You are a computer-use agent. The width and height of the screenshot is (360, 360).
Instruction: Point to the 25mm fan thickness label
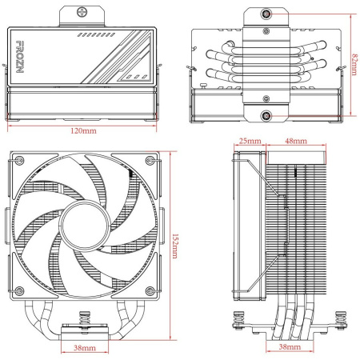pyautogui.click(x=249, y=141)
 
